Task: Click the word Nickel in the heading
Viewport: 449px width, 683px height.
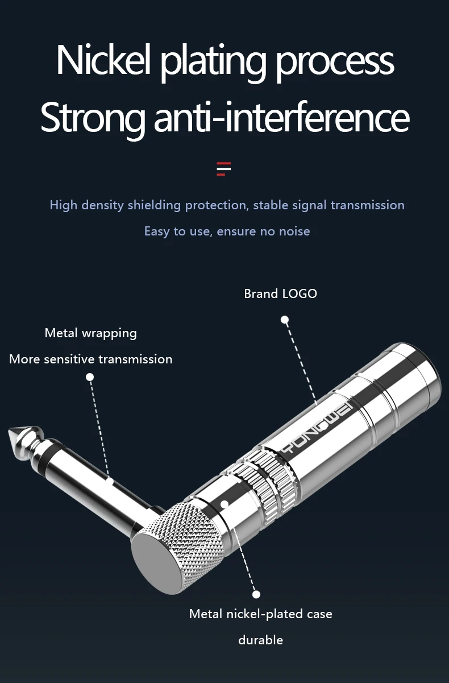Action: (x=103, y=60)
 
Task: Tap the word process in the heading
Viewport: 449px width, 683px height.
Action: (x=335, y=61)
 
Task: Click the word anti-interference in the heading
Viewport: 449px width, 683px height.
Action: (x=281, y=117)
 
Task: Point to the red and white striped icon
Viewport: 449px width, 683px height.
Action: (x=224, y=169)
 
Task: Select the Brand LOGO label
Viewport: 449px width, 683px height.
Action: (x=280, y=293)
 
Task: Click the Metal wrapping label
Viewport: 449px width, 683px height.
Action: (x=90, y=333)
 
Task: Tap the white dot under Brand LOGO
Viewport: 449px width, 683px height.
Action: (x=285, y=320)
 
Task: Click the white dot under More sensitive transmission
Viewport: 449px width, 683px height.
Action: (x=90, y=376)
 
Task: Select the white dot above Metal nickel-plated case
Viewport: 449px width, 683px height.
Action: (x=256, y=594)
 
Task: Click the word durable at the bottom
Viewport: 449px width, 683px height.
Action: (x=260, y=640)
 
